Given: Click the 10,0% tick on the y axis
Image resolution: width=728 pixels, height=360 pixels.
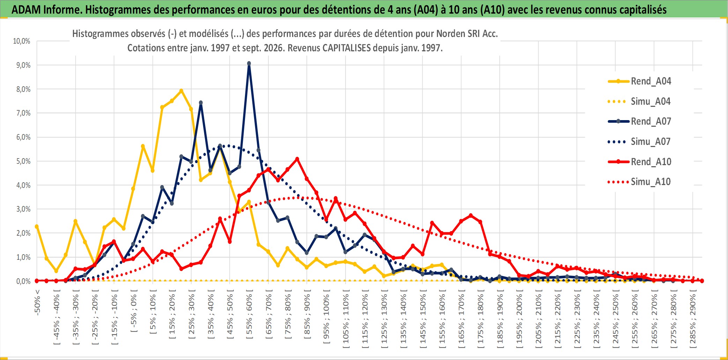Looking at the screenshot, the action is tap(22, 41).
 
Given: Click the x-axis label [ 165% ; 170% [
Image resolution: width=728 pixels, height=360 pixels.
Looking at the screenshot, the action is tap(461, 319).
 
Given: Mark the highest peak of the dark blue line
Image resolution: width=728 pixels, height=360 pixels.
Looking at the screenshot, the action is tap(249, 64).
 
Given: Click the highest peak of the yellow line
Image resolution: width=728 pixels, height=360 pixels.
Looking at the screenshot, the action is tap(181, 91).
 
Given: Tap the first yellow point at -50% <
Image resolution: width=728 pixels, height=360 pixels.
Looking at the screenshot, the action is tap(37, 227).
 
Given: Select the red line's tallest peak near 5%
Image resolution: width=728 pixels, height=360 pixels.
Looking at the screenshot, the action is tap(297, 159).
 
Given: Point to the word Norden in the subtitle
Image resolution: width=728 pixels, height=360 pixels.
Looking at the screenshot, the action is tap(450, 34).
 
